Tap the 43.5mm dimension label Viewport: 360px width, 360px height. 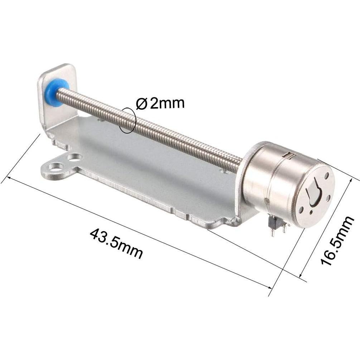116,243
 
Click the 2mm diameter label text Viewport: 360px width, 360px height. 167,104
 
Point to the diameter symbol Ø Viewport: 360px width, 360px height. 141,104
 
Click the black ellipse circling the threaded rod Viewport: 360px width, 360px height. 128,120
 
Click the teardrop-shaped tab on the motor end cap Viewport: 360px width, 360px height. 312,193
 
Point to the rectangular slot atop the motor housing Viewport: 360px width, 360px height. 289,155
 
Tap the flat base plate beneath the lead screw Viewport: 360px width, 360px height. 150,172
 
